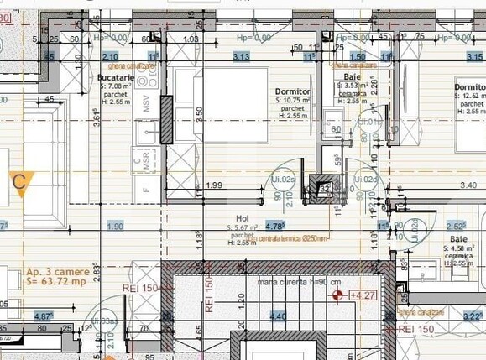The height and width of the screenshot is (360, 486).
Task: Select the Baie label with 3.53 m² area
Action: pos(351,76)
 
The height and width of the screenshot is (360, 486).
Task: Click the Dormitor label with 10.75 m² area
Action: pos(293,91)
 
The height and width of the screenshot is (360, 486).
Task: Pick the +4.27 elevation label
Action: pos(363,295)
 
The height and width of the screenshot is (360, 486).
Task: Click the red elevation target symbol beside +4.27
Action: pos(338,295)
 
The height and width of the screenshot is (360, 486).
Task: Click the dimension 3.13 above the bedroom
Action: pos(241,56)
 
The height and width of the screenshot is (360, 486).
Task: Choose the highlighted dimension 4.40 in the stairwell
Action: pos(277,316)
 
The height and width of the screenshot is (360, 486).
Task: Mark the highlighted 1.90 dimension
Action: pos(115,226)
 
